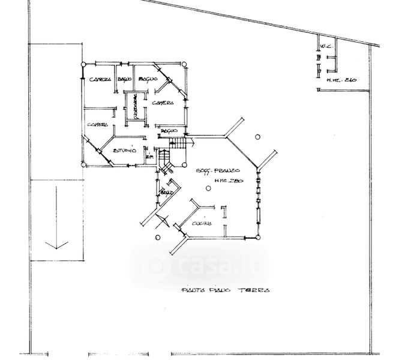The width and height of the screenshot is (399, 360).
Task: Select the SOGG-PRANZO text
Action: click(x=219, y=172)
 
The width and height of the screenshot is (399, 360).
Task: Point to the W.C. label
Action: click(x=326, y=46)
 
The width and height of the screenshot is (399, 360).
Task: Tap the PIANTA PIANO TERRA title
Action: click(x=225, y=290)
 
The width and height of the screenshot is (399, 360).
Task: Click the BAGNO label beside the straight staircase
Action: click(x=169, y=131)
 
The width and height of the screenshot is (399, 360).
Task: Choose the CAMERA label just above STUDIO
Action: click(x=97, y=125)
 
